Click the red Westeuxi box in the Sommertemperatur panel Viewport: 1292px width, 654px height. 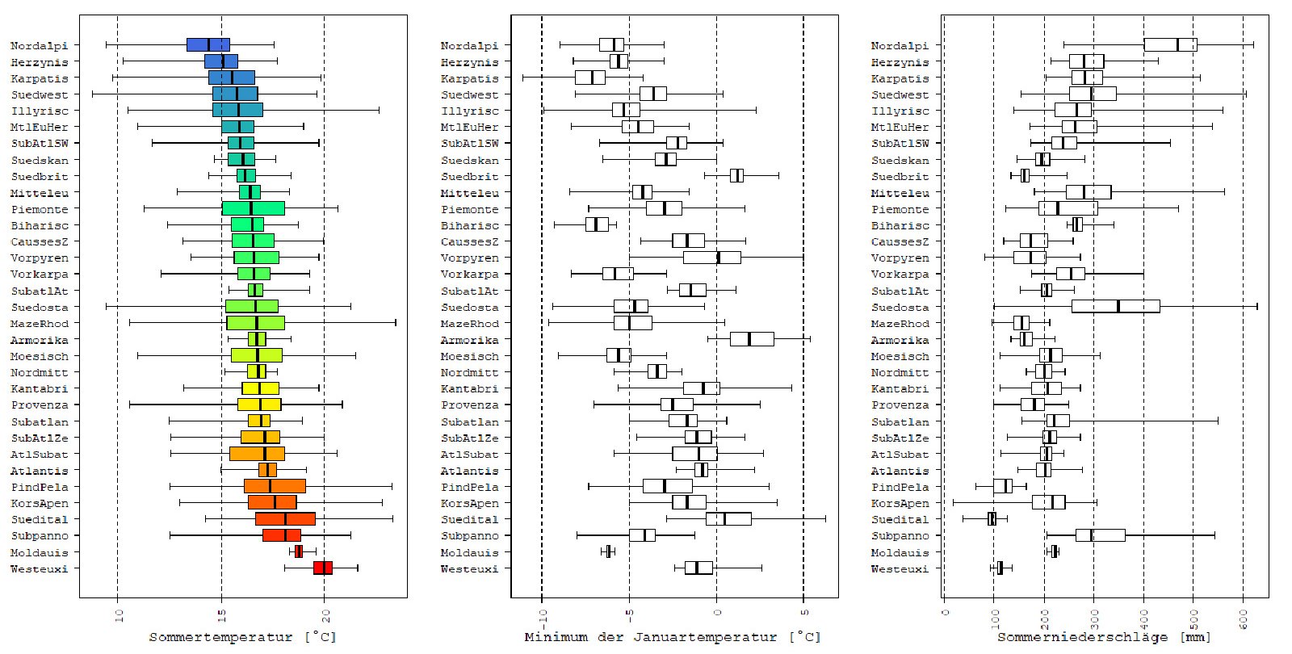click(323, 568)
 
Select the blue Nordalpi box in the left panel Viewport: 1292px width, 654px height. click(208, 45)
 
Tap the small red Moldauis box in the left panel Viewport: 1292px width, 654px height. click(299, 551)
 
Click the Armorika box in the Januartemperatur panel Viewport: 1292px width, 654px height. click(752, 339)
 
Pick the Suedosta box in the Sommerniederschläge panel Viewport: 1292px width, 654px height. click(1115, 307)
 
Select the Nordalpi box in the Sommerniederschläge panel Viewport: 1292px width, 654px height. click(1170, 45)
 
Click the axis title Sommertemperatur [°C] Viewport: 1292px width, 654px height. click(242, 637)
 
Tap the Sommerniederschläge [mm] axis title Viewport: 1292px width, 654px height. click(1104, 637)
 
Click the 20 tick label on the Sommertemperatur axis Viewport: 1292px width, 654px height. click(324, 616)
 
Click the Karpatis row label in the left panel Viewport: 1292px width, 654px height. click(40, 78)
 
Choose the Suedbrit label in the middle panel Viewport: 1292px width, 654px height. click(470, 176)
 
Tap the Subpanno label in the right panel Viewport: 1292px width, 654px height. click(900, 535)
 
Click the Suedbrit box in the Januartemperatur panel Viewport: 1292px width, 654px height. click(736, 176)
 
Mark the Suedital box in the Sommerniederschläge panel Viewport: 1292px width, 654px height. click(992, 519)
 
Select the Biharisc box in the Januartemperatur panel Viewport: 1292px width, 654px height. click(597, 225)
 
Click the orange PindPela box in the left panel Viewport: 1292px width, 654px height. click(275, 486)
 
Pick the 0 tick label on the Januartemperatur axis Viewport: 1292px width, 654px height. click(716, 616)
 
